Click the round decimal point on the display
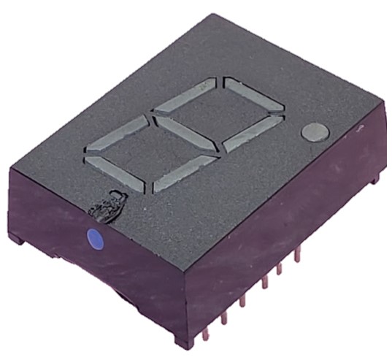click(x=315, y=131)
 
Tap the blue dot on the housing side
click(x=94, y=237)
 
